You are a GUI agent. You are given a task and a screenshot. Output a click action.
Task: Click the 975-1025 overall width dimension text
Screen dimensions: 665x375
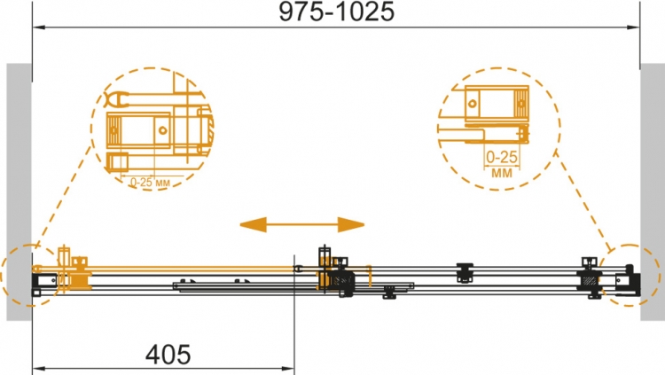point(336,12)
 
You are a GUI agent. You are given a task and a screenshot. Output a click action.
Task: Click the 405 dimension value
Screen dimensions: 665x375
point(168,355)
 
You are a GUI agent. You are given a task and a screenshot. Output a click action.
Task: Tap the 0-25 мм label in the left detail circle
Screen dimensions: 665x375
point(150,183)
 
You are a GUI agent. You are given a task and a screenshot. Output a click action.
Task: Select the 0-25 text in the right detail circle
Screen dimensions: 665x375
point(502,158)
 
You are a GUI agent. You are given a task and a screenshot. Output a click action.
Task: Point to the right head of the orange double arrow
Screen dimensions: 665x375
point(351,225)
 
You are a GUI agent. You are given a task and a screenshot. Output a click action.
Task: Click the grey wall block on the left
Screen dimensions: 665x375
point(20,191)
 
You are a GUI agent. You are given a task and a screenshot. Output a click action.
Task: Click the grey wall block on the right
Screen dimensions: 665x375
point(653,191)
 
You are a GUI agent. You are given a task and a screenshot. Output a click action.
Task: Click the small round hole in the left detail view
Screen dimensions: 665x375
point(163,130)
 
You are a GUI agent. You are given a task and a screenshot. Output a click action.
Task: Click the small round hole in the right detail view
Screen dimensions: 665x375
point(472,103)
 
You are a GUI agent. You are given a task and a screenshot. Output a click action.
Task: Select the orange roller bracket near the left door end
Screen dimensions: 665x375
point(80,274)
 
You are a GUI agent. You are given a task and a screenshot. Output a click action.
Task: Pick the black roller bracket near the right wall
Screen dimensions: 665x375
point(590,277)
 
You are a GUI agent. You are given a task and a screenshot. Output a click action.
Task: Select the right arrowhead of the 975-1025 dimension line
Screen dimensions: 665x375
point(634,27)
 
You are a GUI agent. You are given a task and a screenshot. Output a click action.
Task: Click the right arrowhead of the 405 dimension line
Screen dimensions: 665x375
point(288,368)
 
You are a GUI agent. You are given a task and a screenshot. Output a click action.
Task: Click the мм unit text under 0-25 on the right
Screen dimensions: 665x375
point(502,173)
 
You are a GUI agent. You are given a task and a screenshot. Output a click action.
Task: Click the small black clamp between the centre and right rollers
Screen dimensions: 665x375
point(465,272)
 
